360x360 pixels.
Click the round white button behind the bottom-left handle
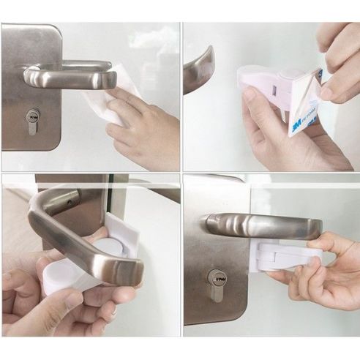[x=110, y=249]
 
